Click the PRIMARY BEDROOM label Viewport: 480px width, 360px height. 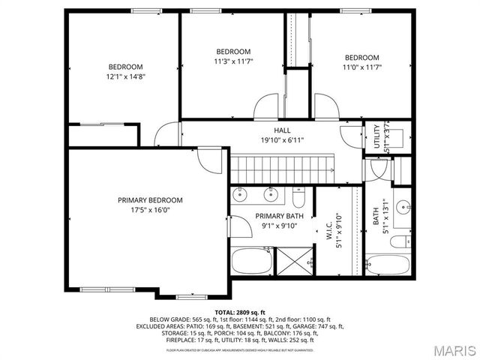[x=150, y=200]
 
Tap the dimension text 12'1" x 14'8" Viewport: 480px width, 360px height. [x=124, y=76]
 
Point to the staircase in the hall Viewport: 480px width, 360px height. [x=281, y=169]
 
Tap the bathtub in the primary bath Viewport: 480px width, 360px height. [x=253, y=262]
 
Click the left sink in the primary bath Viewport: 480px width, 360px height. [x=239, y=195]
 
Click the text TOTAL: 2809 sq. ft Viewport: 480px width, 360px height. [x=239, y=311]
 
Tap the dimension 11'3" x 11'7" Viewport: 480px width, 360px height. [x=233, y=61]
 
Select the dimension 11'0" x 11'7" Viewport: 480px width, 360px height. [x=362, y=67]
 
